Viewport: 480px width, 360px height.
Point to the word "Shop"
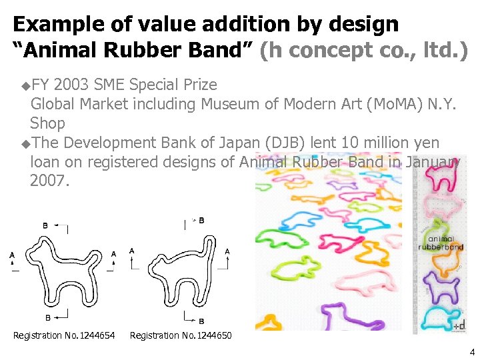pyautogui.click(x=47, y=123)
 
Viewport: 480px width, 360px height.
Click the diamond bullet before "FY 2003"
pyautogui.click(x=25, y=85)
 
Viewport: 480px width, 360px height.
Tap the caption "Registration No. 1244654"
pyautogui.click(x=64, y=335)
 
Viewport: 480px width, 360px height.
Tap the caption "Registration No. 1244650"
pyautogui.click(x=181, y=335)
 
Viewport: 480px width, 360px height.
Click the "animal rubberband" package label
pyautogui.click(x=441, y=243)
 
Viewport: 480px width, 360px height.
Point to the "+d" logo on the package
pyautogui.click(x=459, y=326)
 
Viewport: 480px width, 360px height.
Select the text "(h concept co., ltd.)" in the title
pyautogui.click(x=363, y=50)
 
